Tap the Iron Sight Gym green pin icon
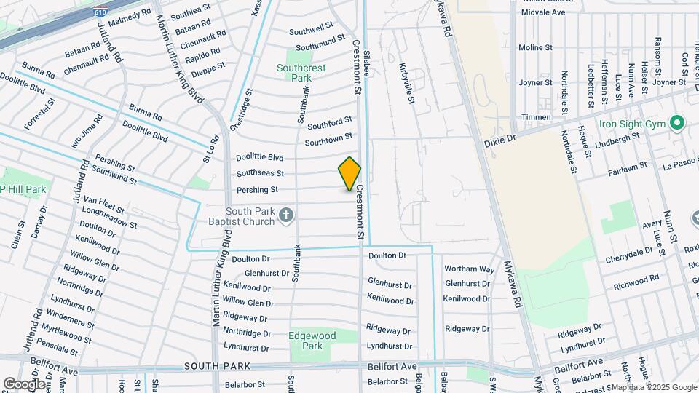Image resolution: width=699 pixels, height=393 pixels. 678,123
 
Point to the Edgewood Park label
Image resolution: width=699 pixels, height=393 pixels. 311,341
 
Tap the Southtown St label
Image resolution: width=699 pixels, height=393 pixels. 328,138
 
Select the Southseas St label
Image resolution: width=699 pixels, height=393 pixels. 260,173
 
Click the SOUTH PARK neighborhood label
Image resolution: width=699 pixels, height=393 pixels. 217,366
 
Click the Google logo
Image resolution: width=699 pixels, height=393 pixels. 25,384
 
